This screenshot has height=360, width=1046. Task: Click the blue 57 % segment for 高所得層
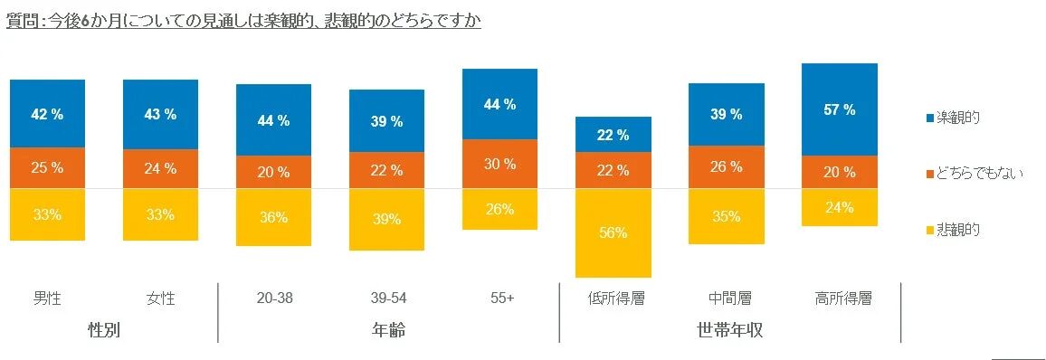coord(840,109)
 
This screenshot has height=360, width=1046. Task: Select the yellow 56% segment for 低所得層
coord(613,232)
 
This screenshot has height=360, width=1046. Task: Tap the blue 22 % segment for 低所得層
coord(613,135)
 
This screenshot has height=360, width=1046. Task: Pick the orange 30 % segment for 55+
coord(499,164)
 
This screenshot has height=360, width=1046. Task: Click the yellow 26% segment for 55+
coord(499,209)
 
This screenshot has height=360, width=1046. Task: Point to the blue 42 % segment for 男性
coord(47,114)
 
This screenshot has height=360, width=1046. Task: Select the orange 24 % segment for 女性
coord(160,168)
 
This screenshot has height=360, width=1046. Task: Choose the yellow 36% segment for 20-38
coord(273,217)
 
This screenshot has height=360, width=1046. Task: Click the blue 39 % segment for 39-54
coord(386,121)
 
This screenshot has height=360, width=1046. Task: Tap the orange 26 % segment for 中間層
coord(726,166)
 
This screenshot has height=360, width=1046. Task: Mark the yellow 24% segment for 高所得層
coord(840,207)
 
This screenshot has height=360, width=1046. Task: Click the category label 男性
coord(47,298)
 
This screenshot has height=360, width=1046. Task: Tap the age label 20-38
coord(273,298)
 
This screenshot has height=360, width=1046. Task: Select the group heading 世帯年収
coord(730,329)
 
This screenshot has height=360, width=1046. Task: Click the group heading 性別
coord(104,329)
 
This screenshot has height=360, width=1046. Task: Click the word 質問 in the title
coord(21,20)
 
